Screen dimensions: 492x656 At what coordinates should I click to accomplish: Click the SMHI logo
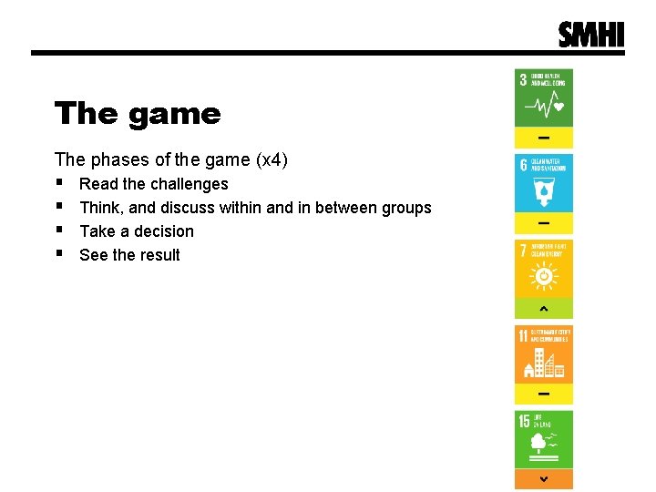point(591,34)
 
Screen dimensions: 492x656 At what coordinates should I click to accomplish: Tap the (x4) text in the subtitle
point(272,160)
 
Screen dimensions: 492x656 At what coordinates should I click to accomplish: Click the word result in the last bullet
point(159,255)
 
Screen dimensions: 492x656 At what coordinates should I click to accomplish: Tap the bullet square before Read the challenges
point(59,183)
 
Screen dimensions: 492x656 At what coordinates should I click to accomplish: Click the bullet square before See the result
point(59,254)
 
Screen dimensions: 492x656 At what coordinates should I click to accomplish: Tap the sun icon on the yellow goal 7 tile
point(544,276)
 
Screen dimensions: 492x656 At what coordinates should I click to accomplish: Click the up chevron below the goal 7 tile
point(544,309)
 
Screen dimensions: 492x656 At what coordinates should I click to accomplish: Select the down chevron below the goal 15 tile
point(544,479)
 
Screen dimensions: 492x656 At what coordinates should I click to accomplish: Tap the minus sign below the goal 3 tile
point(544,138)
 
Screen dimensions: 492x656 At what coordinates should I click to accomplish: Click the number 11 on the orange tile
point(524,336)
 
